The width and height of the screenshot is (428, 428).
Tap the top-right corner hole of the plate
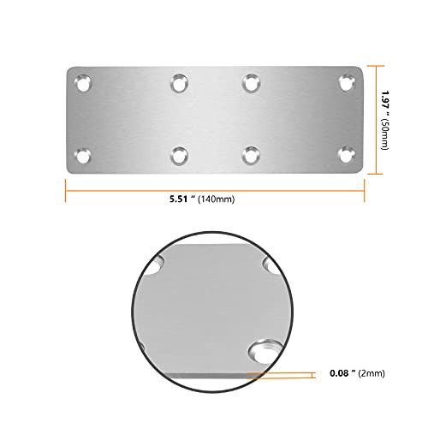(346, 84)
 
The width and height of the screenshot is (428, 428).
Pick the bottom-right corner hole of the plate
(346, 156)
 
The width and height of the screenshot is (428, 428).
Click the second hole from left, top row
(179, 84)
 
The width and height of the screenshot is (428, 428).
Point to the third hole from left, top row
(251, 84)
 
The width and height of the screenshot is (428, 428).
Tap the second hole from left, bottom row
(179, 156)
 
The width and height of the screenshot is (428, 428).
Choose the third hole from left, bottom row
(251, 156)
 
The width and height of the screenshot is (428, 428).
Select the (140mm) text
(214, 199)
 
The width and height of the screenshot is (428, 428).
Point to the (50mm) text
(386, 136)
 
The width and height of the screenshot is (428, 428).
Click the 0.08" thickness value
(342, 374)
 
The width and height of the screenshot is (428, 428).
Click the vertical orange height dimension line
(374, 119)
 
